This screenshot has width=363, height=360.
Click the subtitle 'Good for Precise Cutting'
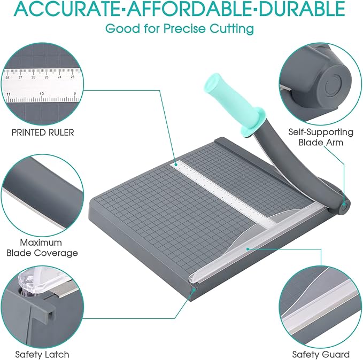pos(180,29)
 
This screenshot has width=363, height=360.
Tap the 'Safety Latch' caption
pos(42,354)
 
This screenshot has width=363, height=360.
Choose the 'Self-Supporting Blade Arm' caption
pos(320,137)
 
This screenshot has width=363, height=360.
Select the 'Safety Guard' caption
pos(321,354)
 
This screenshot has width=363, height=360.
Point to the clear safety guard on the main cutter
pos(251,243)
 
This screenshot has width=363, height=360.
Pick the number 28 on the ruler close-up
pos(7,77)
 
